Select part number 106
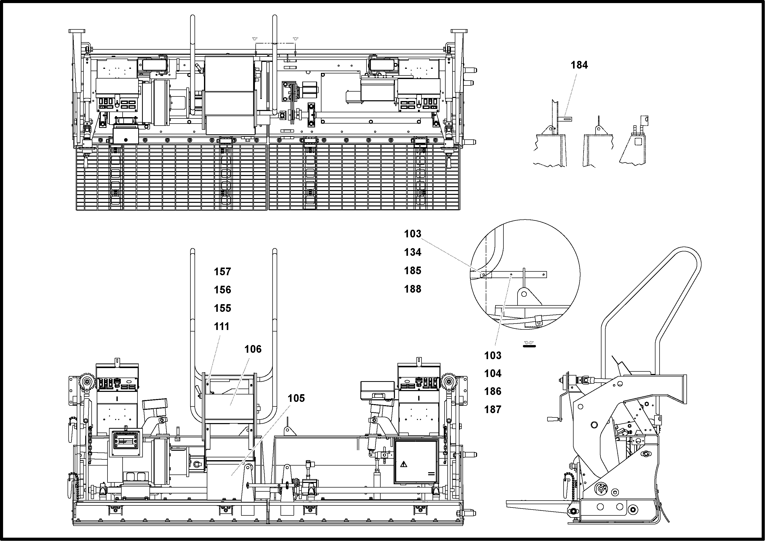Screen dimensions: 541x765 click(x=253, y=349)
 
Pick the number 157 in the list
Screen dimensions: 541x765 click(x=222, y=272)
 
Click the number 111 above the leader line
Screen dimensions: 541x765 click(x=222, y=326)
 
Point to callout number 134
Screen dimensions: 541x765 click(x=413, y=252)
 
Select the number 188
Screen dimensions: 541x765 click(x=413, y=289)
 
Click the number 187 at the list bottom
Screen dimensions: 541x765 click(x=493, y=410)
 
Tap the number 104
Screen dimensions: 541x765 click(x=493, y=373)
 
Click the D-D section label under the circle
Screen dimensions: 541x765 click(x=529, y=343)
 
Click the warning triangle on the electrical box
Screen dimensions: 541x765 click(x=404, y=464)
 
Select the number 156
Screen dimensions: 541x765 click(x=222, y=290)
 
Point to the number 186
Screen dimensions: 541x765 click(x=493, y=391)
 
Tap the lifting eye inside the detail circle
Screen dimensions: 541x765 click(x=524, y=294)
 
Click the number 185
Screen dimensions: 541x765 click(x=413, y=271)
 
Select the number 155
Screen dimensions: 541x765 click(x=222, y=308)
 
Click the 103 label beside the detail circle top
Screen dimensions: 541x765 click(x=413, y=234)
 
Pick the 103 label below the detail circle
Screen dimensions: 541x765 click(x=493, y=356)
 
